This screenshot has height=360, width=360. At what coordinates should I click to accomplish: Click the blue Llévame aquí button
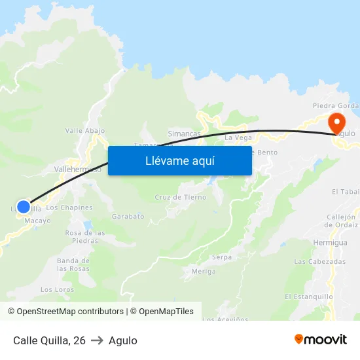pyautogui.click(x=179, y=160)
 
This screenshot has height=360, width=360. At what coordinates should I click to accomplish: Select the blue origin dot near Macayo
pyautogui.click(x=24, y=207)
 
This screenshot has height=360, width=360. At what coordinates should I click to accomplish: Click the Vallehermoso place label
pyautogui.click(x=78, y=170)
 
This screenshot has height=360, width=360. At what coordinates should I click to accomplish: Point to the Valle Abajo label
pyautogui.click(x=85, y=130)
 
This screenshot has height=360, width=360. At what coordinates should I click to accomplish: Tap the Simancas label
pyautogui.click(x=185, y=134)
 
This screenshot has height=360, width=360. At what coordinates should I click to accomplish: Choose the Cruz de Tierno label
pyautogui.click(x=181, y=197)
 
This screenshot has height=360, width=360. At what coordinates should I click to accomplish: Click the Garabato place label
pyautogui.click(x=128, y=216)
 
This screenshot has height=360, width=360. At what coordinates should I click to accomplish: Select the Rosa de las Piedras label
pyautogui.click(x=85, y=236)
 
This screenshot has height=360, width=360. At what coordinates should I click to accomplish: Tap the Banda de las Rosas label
pyautogui.click(x=73, y=264)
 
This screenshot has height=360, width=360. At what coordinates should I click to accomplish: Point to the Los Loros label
pyautogui.click(x=57, y=289)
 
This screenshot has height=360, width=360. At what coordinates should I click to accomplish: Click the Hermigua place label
pyautogui.click(x=330, y=242)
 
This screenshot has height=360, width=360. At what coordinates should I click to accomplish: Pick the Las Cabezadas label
pyautogui.click(x=319, y=262)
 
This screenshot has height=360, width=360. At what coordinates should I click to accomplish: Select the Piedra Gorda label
pyautogui.click(x=335, y=106)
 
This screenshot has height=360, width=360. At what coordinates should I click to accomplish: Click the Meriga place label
pyautogui.click(x=204, y=271)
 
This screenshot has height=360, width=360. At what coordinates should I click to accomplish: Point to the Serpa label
pyautogui.click(x=222, y=257)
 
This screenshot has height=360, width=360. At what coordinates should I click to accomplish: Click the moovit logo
pyautogui.click(x=321, y=340)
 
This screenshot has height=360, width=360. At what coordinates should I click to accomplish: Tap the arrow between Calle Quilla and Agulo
pyautogui.click(x=97, y=340)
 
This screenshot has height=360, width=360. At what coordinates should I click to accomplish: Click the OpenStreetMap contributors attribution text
pyautogui.click(x=70, y=312)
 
